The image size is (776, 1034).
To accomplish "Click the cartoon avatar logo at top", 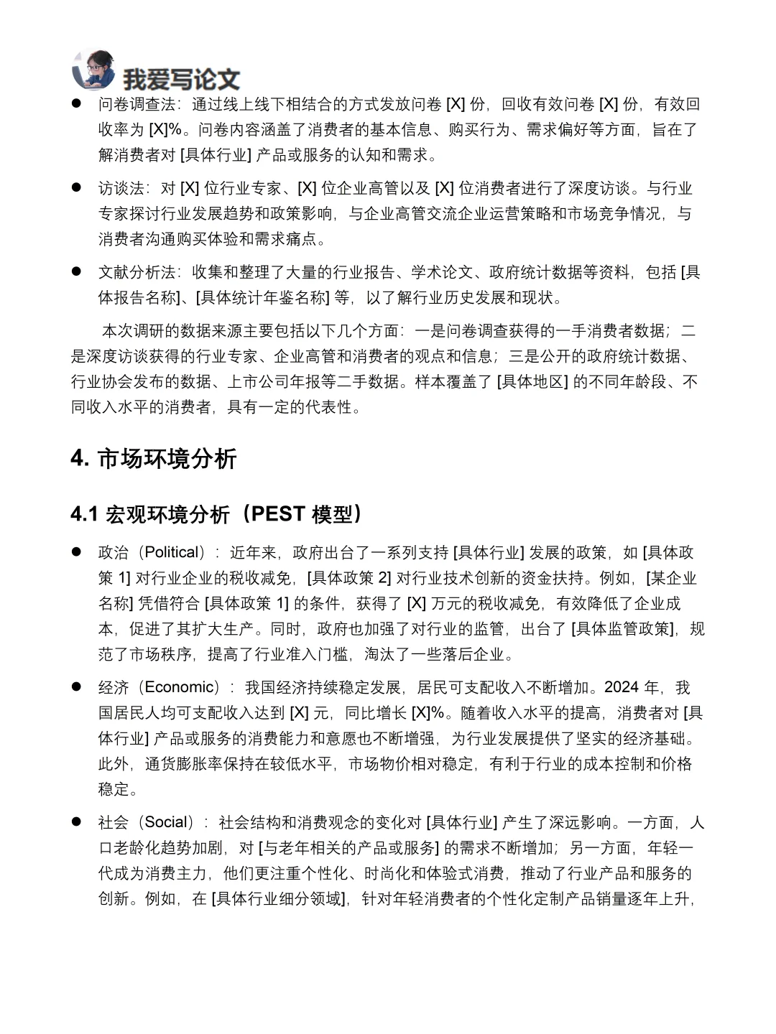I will pos(93,70).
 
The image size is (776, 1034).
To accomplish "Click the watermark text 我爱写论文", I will pos(181,79).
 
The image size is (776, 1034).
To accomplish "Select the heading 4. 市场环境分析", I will pos(154,458).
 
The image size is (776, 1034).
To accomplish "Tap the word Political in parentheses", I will pos(171,552).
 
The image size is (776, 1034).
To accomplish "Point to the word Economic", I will pos(179,687).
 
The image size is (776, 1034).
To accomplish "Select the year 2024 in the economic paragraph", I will pos(622,687).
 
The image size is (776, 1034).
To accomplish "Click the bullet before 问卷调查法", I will pos(76,104).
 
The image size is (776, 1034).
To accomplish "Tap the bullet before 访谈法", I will pos(76,188).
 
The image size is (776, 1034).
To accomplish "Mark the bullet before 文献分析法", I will pos(76,272).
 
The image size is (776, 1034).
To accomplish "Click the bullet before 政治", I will pos(76,552).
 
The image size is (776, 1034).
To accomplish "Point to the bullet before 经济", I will pos(76,687).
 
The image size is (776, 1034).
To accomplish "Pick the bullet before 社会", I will pos(76,822).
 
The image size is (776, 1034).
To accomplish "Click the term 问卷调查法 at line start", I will pos(137,104).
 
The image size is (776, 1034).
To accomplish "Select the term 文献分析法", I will pos(137,272).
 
